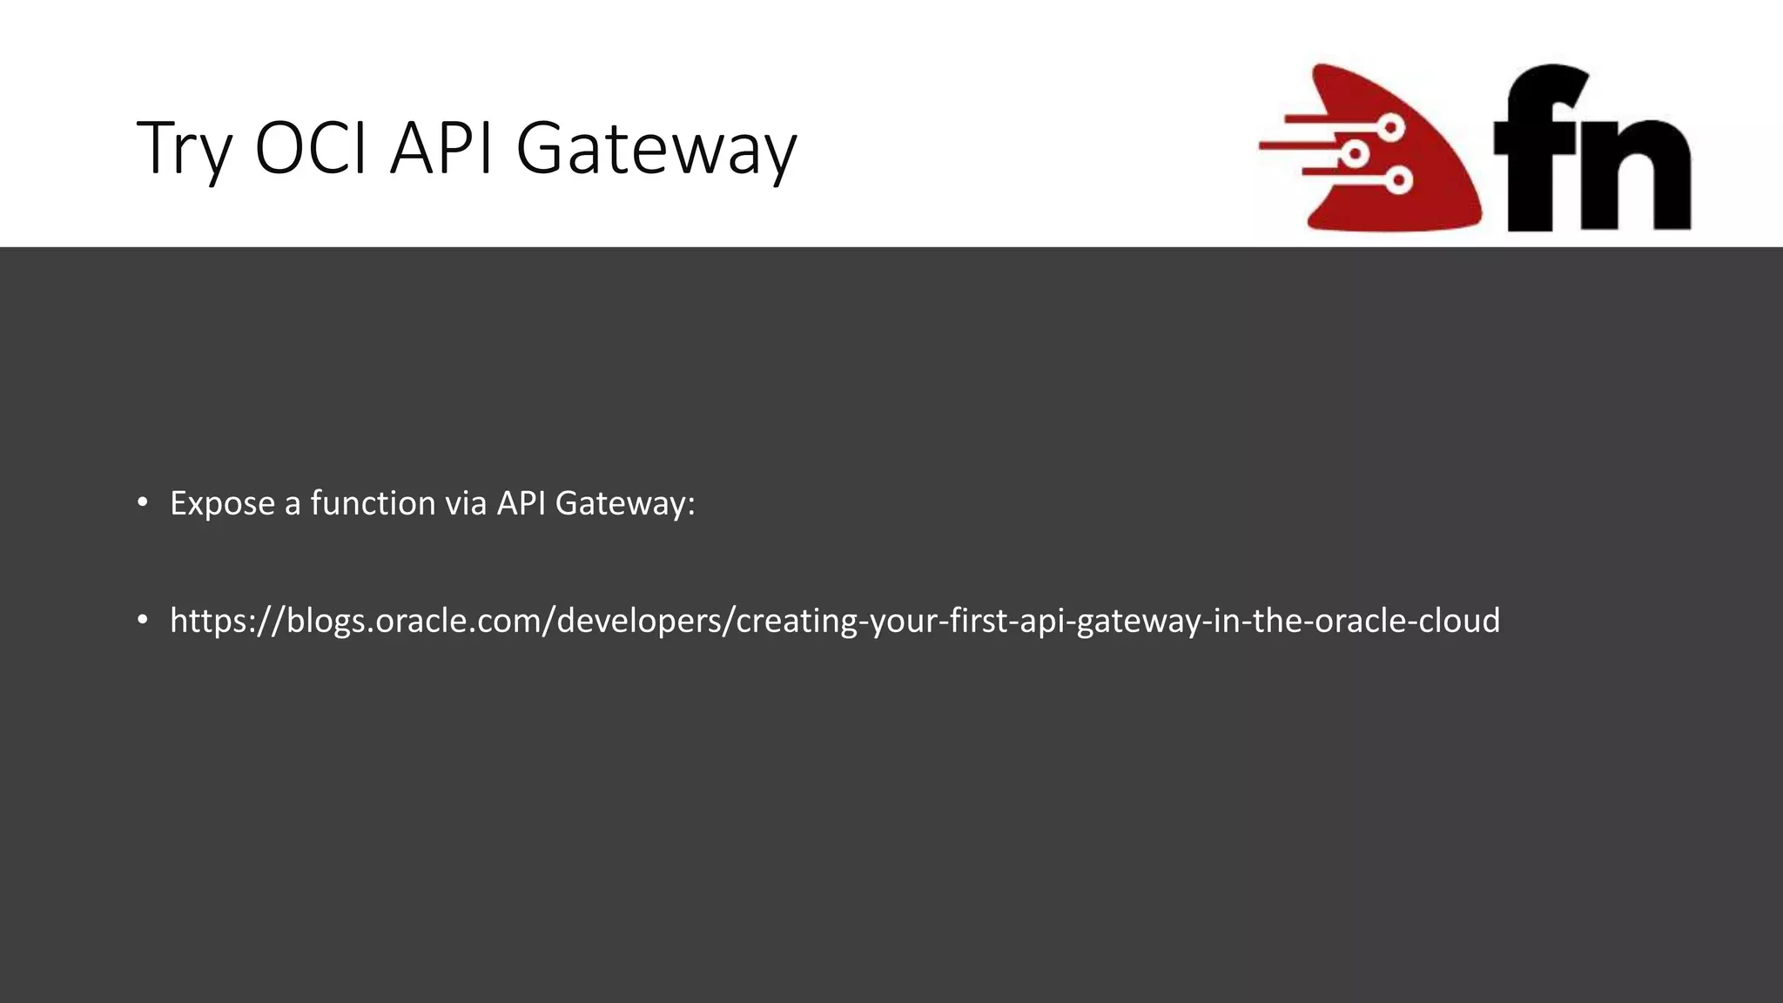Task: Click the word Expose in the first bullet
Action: coord(222,504)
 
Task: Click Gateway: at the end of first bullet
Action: coord(625,504)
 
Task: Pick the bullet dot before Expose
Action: coord(143,502)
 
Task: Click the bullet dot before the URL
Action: coord(143,620)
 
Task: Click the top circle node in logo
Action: coord(1392,128)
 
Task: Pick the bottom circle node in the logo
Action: coord(1399,181)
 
